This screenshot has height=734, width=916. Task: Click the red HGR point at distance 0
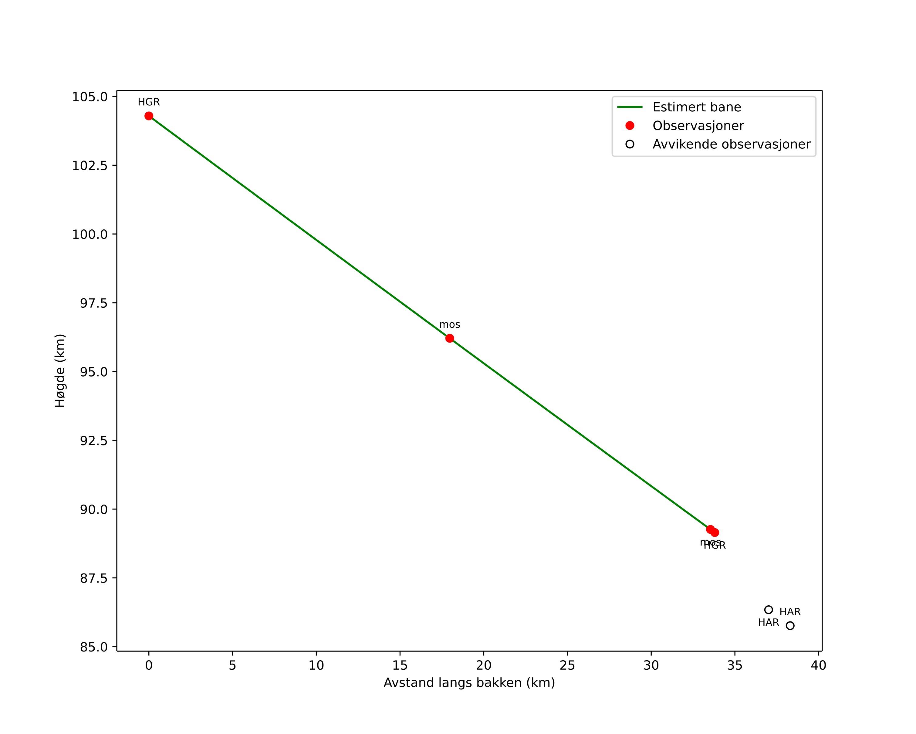[x=149, y=116]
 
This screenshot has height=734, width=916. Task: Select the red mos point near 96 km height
[x=449, y=338]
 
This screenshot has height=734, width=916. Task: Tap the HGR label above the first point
[x=149, y=102]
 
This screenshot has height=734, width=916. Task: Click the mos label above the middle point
[x=449, y=325]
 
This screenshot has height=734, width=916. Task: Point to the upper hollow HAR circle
[x=769, y=610]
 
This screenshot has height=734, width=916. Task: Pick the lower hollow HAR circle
[x=790, y=626]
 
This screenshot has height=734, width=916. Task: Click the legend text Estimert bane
[x=696, y=107]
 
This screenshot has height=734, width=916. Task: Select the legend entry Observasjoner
[x=698, y=126]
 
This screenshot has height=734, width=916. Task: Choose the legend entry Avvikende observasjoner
[x=731, y=144]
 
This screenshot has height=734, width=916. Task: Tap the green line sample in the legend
[x=630, y=107]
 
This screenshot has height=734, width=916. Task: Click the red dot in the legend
[x=630, y=126]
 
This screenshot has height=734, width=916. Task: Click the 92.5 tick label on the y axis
[x=93, y=441]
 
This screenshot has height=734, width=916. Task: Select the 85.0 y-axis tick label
[x=93, y=647]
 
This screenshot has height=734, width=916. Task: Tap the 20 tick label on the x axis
[x=484, y=665]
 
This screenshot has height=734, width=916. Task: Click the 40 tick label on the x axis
[x=818, y=665]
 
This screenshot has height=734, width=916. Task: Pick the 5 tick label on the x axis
[x=232, y=665]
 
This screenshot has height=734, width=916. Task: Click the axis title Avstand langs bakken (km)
[x=469, y=683]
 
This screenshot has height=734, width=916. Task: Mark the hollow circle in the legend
[x=630, y=144]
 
